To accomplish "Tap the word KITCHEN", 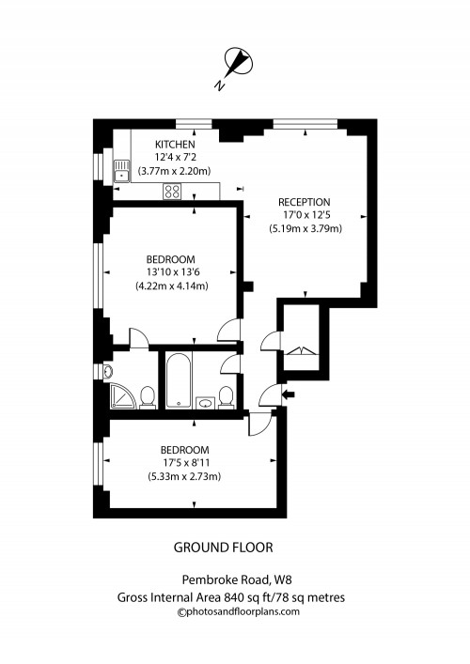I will pyautogui.click(x=175, y=144).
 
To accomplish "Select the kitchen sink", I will pyautogui.click(x=121, y=172).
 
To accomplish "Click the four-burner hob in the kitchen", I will pyautogui.click(x=172, y=191).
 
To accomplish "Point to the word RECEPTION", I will pyautogui.click(x=304, y=202).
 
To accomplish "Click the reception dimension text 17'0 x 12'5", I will pyautogui.click(x=304, y=215).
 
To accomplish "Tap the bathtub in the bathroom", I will pyautogui.click(x=178, y=380).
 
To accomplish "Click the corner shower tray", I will pyautogui.click(x=120, y=395).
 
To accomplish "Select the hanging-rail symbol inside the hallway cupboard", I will pyautogui.click(x=299, y=351).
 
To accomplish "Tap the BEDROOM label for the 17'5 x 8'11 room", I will pyautogui.click(x=183, y=450).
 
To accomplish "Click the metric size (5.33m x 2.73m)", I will pyautogui.click(x=183, y=476).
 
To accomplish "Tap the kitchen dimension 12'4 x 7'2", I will pyautogui.click(x=175, y=157).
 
